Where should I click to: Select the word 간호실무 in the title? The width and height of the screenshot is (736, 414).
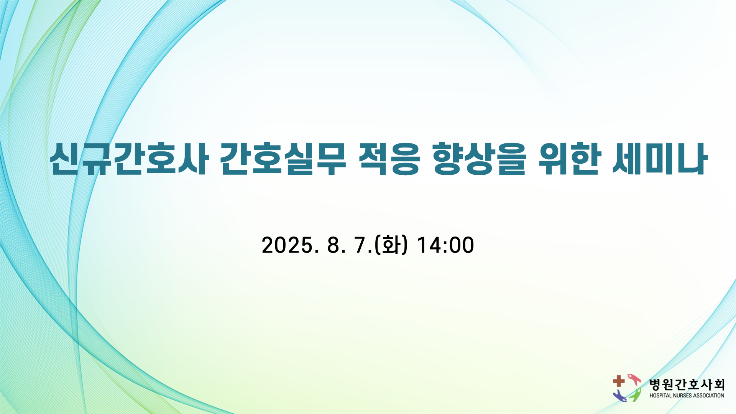284,159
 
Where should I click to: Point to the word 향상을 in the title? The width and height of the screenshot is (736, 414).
479,159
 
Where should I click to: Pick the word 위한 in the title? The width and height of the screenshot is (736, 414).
568,159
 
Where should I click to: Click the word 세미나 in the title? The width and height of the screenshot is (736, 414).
659,159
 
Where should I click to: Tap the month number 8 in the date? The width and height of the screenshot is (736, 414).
333,245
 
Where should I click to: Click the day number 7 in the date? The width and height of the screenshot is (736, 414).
361,245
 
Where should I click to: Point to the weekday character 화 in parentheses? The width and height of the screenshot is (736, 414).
391,245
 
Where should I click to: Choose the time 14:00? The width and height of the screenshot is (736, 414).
445,245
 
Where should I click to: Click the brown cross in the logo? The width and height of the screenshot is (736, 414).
619,381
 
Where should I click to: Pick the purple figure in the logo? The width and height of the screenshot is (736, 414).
620,396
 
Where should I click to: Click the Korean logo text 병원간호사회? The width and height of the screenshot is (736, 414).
687,384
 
